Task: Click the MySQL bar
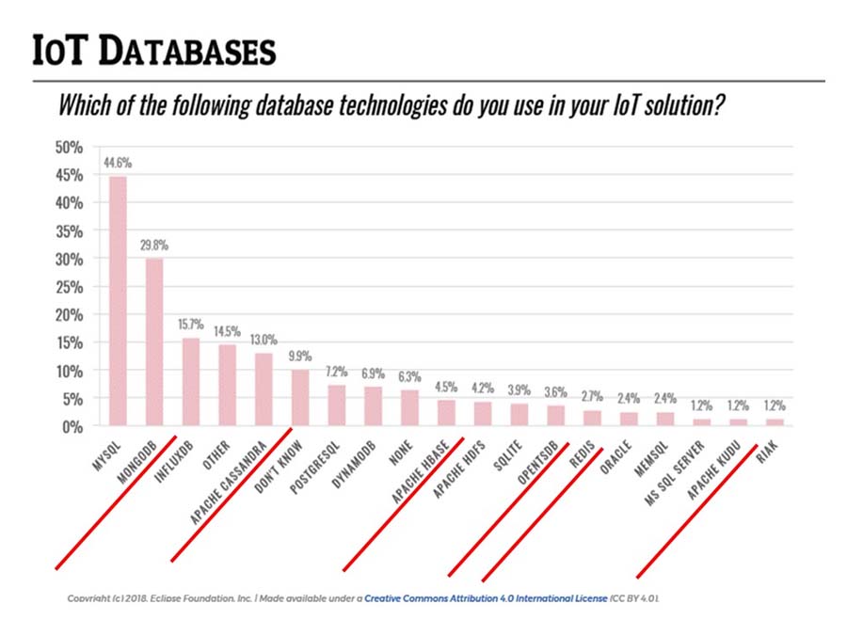118,300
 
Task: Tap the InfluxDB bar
191,381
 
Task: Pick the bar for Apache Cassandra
264,389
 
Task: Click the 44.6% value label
118,162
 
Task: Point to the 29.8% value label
154,245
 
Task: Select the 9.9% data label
300,356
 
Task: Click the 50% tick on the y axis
70,147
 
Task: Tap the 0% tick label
73,426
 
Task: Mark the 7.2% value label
337,371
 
